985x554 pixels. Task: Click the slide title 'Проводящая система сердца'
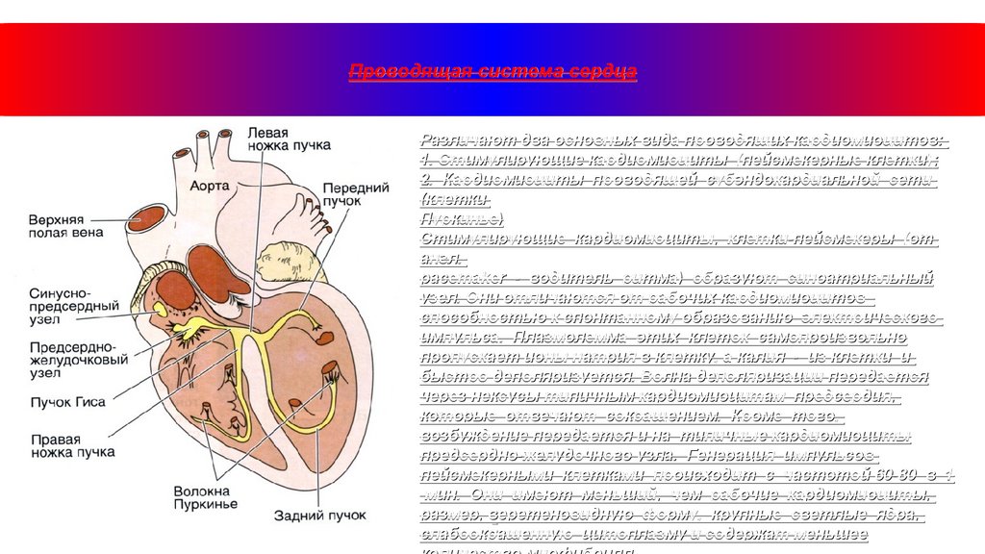(x=492, y=73)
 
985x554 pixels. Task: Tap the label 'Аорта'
(x=209, y=184)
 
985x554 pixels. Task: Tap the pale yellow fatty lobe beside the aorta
(x=280, y=258)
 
